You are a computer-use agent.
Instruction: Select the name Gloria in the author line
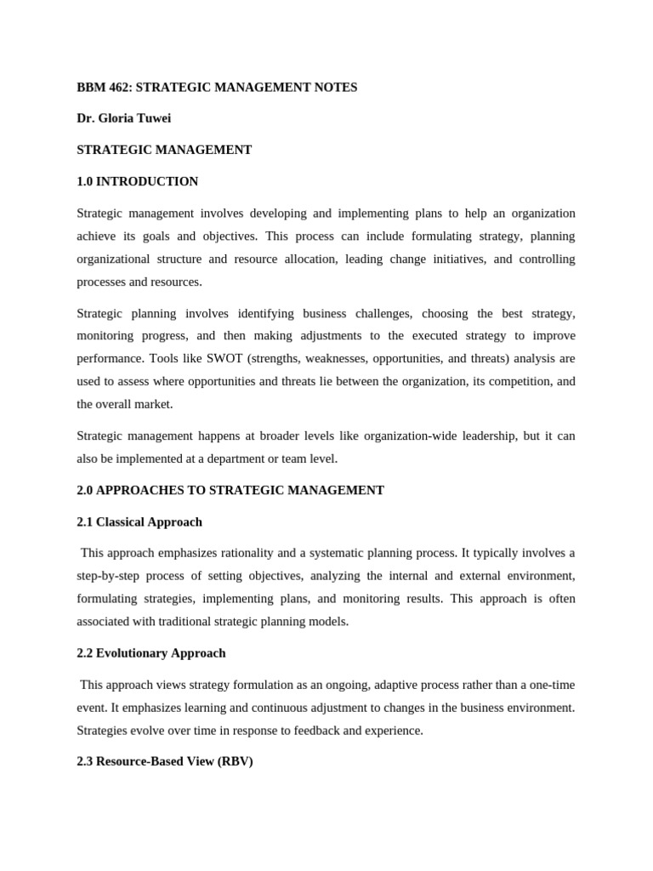(x=114, y=118)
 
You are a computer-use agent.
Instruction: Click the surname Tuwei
(x=154, y=118)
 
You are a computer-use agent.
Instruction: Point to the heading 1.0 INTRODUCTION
(x=137, y=181)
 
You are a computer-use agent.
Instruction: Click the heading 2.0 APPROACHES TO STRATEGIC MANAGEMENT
(x=230, y=490)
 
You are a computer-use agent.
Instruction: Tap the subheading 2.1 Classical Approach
(x=139, y=521)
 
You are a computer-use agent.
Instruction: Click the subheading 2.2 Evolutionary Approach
(x=150, y=653)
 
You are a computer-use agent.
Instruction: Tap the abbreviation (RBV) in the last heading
(x=235, y=762)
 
